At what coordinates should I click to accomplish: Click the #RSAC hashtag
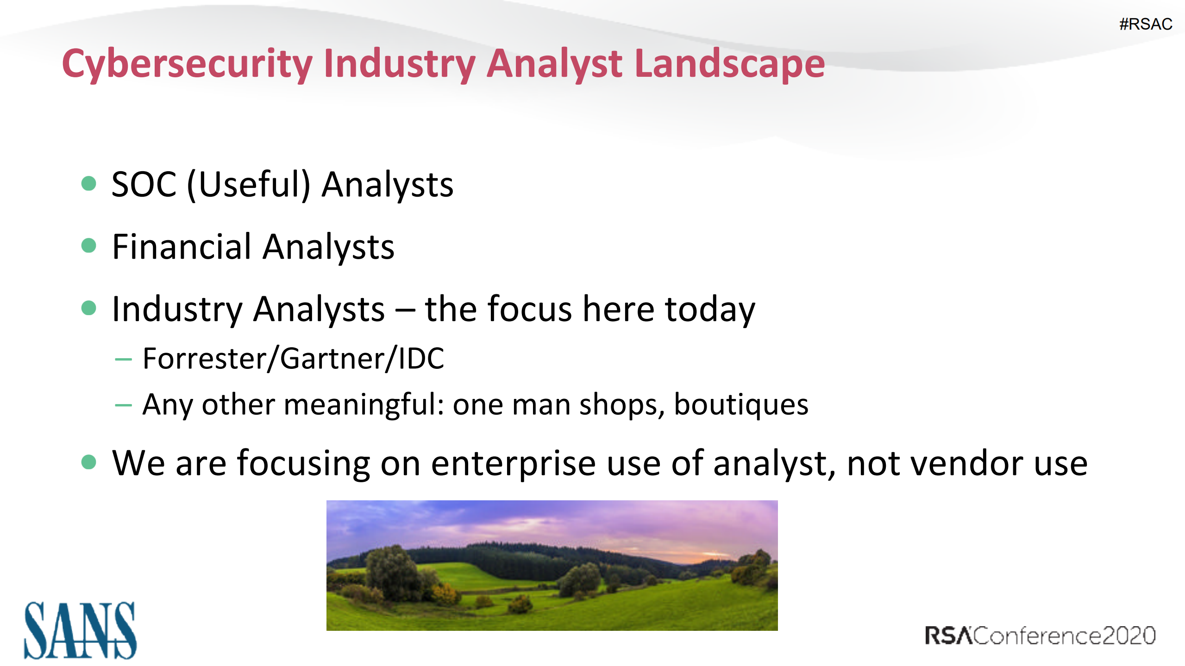1145,24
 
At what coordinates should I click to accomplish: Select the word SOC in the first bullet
144,184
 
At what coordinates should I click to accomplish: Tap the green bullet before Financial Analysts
88,245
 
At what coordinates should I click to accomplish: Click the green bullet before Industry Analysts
88,308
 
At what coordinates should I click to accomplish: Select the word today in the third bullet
709,309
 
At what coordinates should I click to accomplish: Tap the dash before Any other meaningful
123,405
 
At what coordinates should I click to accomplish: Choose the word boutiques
741,405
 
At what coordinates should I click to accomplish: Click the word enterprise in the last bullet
513,463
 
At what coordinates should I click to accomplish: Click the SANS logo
80,630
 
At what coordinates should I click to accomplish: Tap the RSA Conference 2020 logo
1040,635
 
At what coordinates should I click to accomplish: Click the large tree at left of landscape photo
392,572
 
